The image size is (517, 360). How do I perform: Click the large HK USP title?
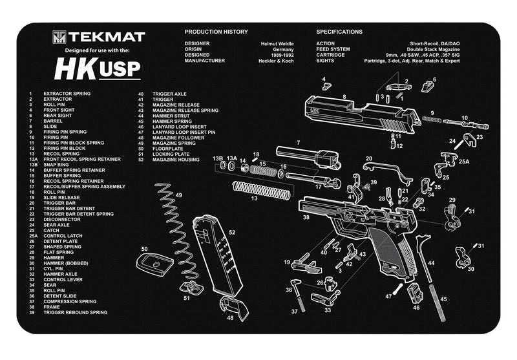coord(98,68)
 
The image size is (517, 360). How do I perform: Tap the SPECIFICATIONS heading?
coord(339,32)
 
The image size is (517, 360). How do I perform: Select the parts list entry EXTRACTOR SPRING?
coord(67,94)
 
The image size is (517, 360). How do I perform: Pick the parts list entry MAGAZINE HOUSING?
coord(176,159)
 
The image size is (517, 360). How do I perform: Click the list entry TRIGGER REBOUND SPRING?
coord(75,312)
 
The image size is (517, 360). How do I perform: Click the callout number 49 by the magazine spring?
coord(178,195)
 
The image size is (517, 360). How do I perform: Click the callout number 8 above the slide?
coord(344,96)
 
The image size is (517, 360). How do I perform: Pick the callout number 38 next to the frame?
coord(306,218)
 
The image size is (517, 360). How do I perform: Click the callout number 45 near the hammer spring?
coord(443,299)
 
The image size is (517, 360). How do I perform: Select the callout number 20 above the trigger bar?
coord(369,158)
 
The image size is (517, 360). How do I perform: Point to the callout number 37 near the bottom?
coord(294,311)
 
